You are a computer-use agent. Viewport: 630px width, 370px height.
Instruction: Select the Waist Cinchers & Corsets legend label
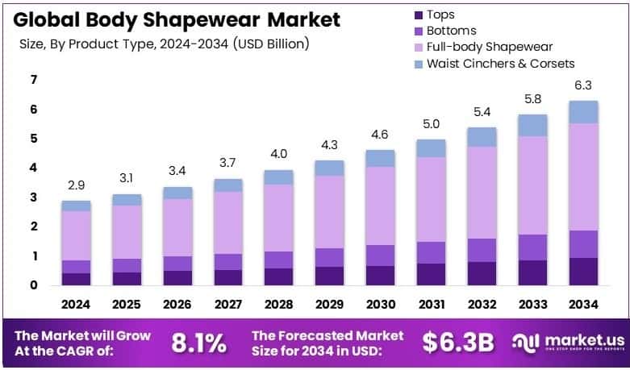[500, 63]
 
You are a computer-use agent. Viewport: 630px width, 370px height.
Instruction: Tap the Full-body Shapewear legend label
[488, 47]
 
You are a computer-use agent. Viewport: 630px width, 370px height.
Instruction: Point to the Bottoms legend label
[452, 31]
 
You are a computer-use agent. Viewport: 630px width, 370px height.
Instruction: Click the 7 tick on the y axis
[33, 79]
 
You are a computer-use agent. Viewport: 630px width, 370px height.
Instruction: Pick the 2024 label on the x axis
[76, 306]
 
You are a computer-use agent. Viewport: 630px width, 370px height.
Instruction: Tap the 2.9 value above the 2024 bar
[76, 185]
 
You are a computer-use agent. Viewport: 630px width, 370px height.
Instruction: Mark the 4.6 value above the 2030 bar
[379, 135]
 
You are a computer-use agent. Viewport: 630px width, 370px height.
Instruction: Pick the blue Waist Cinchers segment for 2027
[227, 185]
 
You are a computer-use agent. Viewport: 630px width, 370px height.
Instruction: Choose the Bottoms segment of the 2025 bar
[127, 265]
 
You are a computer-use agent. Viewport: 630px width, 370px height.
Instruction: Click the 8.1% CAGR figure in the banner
[198, 342]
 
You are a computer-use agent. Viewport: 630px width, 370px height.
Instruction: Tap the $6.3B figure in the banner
[457, 342]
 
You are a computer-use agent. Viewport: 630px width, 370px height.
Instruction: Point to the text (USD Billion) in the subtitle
[270, 44]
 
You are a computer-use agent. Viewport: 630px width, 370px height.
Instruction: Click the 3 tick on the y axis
[33, 197]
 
